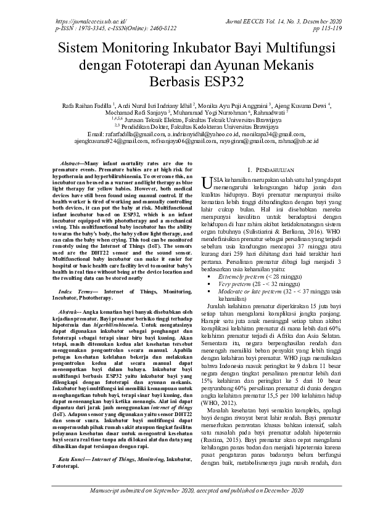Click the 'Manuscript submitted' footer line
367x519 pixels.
183,507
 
